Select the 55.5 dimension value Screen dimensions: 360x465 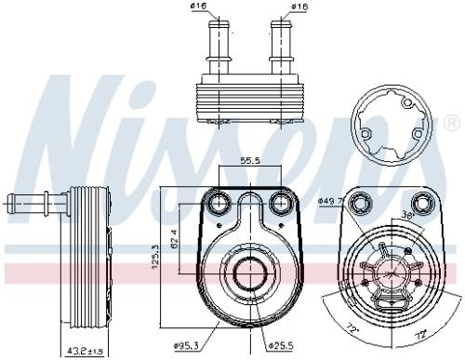coord(249,161)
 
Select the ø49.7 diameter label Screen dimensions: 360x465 coord(330,199)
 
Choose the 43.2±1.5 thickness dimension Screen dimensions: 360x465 coord(83,351)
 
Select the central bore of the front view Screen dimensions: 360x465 coord(249,273)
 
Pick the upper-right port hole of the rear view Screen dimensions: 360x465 coord(423,204)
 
